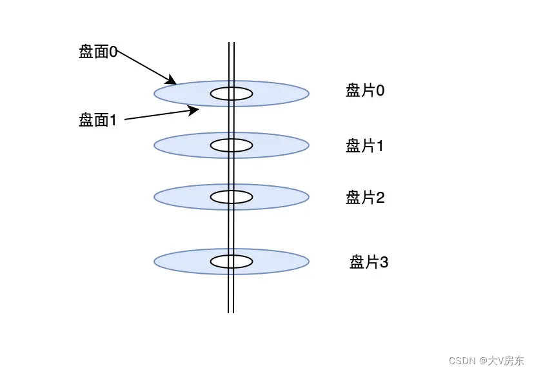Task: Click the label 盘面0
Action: click(97, 52)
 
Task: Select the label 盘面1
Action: click(97, 120)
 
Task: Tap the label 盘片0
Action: click(365, 90)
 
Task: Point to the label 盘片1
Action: click(365, 146)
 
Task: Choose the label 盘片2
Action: click(365, 198)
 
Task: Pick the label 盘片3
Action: click(368, 262)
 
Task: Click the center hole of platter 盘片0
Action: click(231, 94)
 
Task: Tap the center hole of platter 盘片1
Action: click(231, 145)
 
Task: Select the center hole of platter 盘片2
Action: click(231, 196)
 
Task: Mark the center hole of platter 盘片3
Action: click(231, 262)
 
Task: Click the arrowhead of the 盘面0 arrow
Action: click(173, 82)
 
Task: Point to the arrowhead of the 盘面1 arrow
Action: click(195, 110)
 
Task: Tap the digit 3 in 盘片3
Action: click(384, 262)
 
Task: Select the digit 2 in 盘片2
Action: click(381, 198)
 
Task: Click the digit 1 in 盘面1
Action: click(113, 120)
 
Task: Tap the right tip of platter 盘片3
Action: click(308, 262)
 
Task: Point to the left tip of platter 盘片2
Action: click(155, 196)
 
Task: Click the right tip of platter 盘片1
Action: click(308, 145)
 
